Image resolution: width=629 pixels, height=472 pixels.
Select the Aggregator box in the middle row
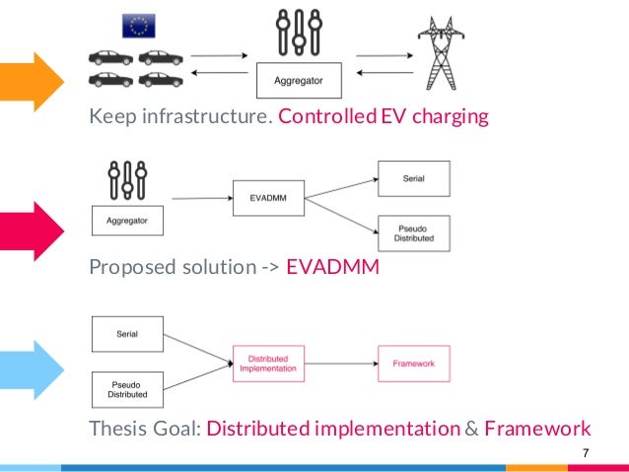coord(127,221)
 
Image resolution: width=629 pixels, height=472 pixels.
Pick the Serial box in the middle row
coord(414,178)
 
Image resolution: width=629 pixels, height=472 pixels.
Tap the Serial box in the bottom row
coord(127,334)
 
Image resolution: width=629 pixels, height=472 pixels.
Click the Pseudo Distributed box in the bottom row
coord(127,389)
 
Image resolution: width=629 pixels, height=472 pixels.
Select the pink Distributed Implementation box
coord(268,364)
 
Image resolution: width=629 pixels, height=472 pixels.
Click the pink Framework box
coord(414,364)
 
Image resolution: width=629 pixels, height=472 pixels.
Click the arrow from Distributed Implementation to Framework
coord(340,364)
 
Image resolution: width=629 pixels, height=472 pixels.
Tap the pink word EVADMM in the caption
coord(332,266)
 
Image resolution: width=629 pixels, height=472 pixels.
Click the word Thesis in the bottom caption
coord(117,429)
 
